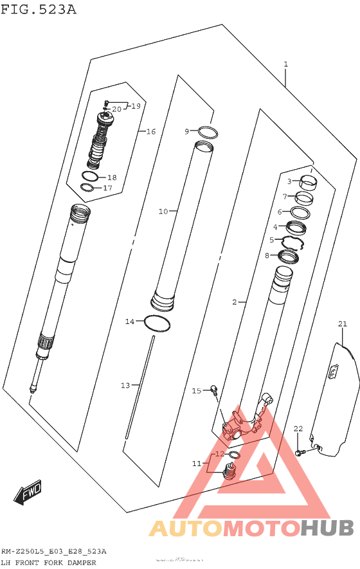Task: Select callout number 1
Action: tap(285, 64)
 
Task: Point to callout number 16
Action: tap(151, 132)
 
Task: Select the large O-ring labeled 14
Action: tap(158, 323)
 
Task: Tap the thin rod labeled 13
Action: tap(141, 386)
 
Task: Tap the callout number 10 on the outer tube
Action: tap(163, 211)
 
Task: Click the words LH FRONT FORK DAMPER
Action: tap(48, 563)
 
